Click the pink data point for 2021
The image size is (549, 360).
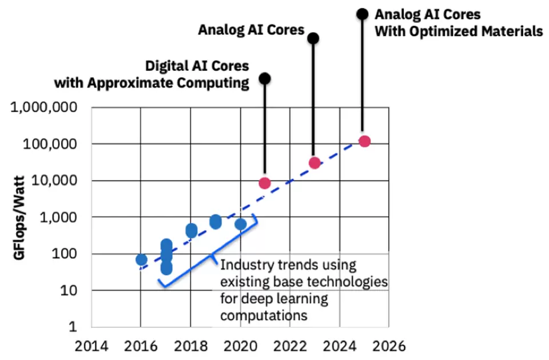tap(264, 183)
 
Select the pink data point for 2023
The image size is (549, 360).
tap(314, 163)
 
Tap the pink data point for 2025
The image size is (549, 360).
tap(364, 141)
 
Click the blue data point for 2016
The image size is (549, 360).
tap(141, 260)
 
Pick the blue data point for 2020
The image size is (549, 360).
tap(241, 224)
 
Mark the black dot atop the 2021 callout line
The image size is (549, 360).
tap(264, 78)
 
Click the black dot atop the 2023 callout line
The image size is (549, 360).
tap(313, 38)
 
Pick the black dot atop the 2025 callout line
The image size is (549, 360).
tap(362, 13)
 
